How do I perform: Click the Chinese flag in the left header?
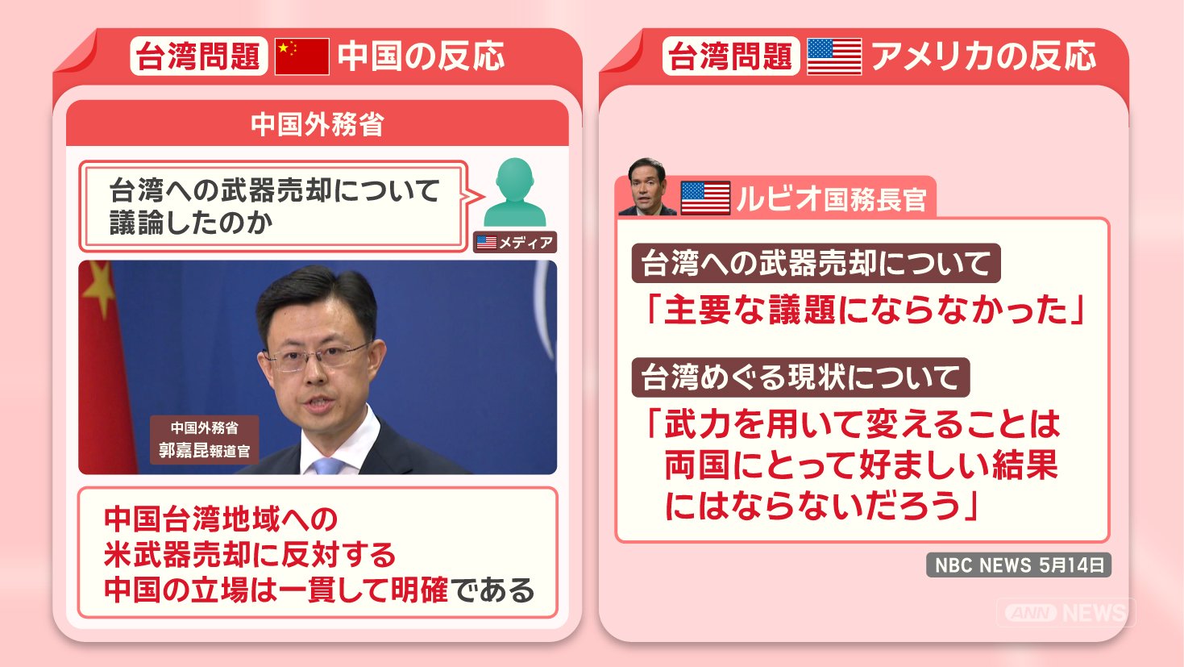302,56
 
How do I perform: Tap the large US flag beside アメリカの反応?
835,56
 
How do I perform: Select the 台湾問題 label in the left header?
199,56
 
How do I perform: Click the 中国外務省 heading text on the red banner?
317,124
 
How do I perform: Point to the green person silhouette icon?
515,193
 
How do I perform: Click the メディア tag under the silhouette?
515,242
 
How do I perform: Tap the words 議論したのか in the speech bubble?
191,223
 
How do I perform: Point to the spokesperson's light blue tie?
328,466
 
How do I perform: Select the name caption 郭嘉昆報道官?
205,450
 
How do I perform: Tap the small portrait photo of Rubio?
647,187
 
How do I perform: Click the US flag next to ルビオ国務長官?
705,198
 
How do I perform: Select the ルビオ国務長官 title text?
832,199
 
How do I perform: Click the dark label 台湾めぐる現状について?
800,377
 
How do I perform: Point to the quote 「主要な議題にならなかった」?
865,310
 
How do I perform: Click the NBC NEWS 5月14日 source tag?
1019,565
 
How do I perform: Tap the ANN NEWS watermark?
1066,612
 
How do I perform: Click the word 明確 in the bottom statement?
418,590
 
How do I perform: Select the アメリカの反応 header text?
983,56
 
